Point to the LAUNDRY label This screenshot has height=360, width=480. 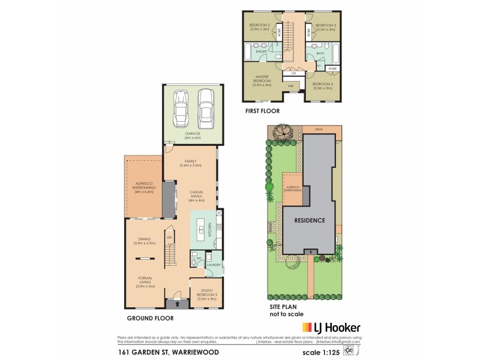point(214,265)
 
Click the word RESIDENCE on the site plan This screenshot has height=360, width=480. point(310,220)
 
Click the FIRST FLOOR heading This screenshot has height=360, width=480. point(262,111)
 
